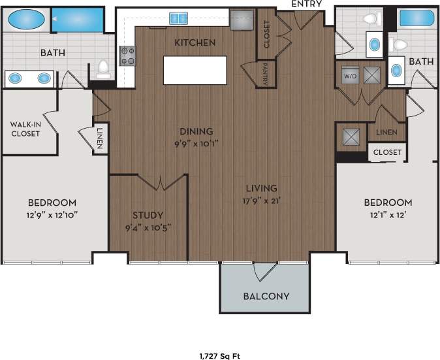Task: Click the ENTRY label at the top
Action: pyautogui.click(x=306, y=4)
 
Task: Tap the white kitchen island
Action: pyautogui.click(x=195, y=70)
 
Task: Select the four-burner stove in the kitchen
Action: pyautogui.click(x=127, y=56)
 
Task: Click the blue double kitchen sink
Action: pyautogui.click(x=178, y=18)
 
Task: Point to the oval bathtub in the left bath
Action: pyautogui.click(x=27, y=20)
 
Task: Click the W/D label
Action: pyautogui.click(x=349, y=76)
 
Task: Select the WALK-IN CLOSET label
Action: pyautogui.click(x=25, y=129)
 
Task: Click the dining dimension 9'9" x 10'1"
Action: pyautogui.click(x=196, y=143)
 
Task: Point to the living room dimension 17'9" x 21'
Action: pyautogui.click(x=261, y=201)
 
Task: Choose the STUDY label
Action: pyautogui.click(x=148, y=215)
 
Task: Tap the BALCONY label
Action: pyautogui.click(x=266, y=296)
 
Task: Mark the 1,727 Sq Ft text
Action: pyautogui.click(x=219, y=356)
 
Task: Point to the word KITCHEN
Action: pyautogui.click(x=195, y=42)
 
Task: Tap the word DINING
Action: pyautogui.click(x=196, y=131)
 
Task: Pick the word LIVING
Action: pyautogui.click(x=261, y=188)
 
